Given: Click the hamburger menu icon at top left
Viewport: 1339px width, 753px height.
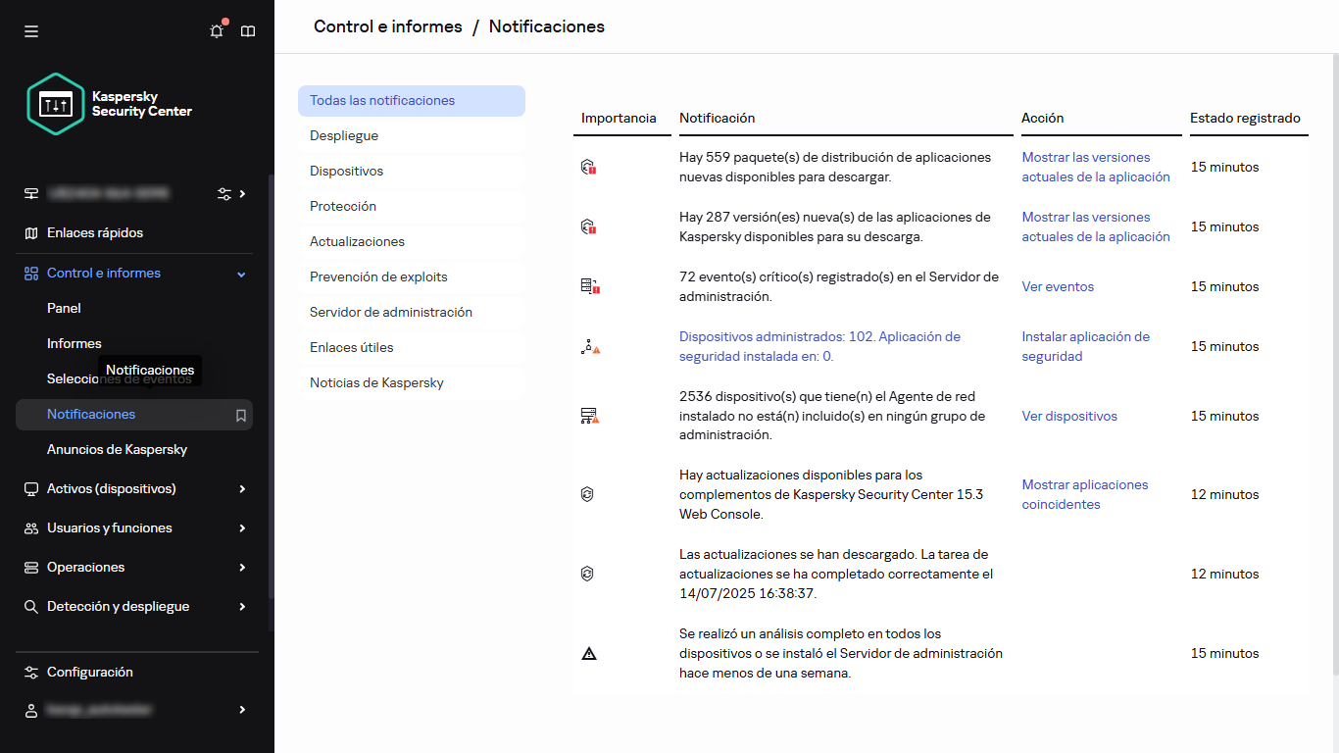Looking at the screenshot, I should click(31, 31).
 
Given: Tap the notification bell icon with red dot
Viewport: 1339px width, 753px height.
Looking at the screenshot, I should click(217, 31).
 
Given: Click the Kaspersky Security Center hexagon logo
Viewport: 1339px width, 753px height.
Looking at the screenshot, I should click(56, 103).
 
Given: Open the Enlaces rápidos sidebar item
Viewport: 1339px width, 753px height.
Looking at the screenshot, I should click(95, 233).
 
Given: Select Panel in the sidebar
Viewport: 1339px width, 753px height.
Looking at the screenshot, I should click(64, 308).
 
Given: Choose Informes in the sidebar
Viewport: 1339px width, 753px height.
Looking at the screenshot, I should click(74, 343).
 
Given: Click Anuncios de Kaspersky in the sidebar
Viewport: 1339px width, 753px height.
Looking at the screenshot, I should click(117, 449).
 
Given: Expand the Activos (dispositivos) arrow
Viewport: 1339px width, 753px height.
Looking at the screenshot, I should click(242, 488).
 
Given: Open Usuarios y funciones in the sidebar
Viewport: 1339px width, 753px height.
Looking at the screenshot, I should click(110, 527).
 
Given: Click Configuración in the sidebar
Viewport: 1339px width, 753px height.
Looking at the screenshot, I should click(89, 672).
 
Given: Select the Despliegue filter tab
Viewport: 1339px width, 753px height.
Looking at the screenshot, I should click(344, 135).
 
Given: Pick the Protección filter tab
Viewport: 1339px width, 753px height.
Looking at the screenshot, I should click(343, 206).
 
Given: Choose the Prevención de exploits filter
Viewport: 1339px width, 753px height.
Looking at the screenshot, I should click(378, 276).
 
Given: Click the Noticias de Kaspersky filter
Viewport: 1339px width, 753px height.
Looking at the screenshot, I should click(376, 382).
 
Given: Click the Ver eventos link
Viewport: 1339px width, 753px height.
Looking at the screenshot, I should click(1058, 286).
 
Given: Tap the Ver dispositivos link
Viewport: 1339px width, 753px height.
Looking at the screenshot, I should click(1069, 416).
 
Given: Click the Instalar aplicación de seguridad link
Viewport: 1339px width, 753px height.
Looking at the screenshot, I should click(1085, 346).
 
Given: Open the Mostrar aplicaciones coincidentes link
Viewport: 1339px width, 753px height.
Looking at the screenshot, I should click(1084, 494).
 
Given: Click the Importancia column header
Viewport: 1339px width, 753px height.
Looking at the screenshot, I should click(619, 118).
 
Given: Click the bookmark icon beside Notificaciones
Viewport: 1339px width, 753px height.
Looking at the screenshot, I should click(241, 415).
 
